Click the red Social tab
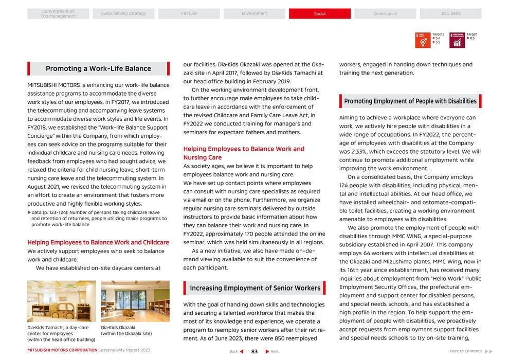pos(319,14)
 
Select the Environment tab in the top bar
pos(254,14)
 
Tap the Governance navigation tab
pos(385,14)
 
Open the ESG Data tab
pos(450,14)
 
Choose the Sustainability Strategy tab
pos(123,14)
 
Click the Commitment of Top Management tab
pos(58,14)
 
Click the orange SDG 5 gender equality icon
pos(423,40)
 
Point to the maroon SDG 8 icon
pos(457,40)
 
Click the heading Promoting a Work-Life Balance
pos(98,68)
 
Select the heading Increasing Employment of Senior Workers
pos(254,288)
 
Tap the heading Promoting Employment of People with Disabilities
pos(410,101)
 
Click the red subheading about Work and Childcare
pos(98,242)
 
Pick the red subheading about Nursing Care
pos(244,153)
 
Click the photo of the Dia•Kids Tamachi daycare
pos(61,301)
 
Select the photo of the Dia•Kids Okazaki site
pos(135,301)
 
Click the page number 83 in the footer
pos(254,351)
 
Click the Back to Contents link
pos(466,351)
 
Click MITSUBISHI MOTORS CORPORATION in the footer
pos(62,350)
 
